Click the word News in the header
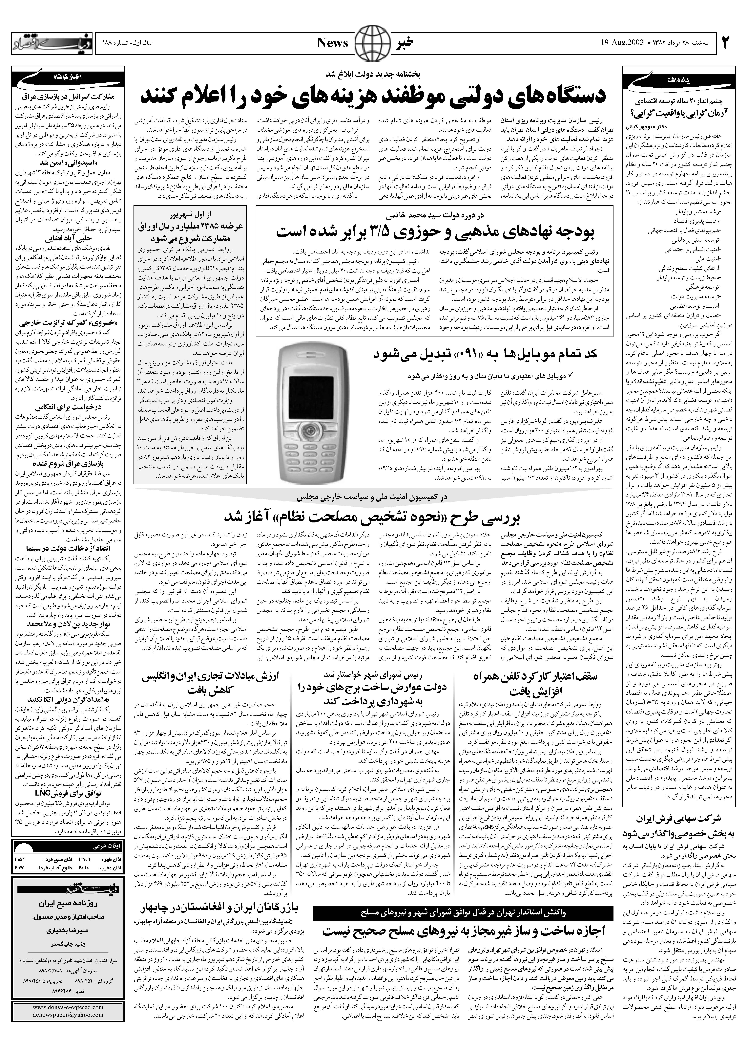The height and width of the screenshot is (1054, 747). coord(332,43)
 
